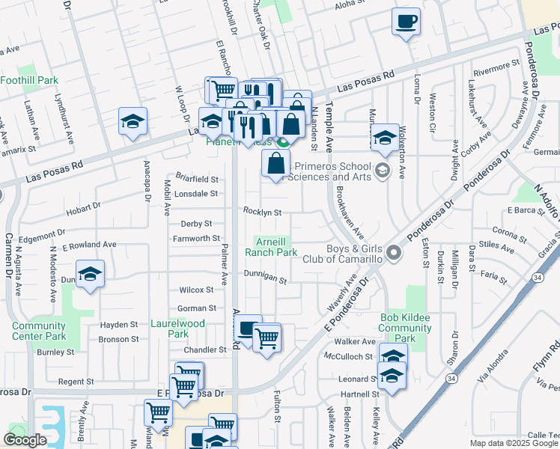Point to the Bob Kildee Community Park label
tap(405, 328)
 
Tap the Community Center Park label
tap(39, 331)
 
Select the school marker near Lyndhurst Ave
tap(133, 121)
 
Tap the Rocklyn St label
tap(262, 212)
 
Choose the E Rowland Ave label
tap(89, 245)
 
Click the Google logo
tap(25, 440)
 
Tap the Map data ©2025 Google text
tap(514, 443)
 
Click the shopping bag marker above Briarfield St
tap(276, 163)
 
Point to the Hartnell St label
tap(355, 394)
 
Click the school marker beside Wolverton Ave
tap(385, 137)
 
